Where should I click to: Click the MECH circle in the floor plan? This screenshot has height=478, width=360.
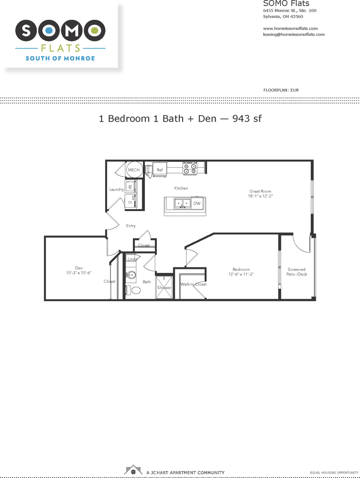point(133,170)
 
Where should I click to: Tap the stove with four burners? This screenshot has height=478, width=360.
point(189,168)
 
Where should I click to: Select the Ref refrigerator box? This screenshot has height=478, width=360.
point(160,170)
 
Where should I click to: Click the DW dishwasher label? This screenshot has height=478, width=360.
point(197,204)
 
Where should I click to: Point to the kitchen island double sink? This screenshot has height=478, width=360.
point(182,204)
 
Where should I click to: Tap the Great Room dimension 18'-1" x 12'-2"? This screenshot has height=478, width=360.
point(261,196)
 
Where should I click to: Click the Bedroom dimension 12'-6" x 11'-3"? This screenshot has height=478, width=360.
point(240,274)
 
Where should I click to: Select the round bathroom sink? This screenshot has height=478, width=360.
point(131,274)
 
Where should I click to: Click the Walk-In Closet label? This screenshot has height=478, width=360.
point(193,284)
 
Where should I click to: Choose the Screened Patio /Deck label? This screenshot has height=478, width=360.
point(297,272)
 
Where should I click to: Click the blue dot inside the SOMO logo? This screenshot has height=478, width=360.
point(49,31)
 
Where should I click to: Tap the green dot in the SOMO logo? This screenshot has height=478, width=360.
point(95,31)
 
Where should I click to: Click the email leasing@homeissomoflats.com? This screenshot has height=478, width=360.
point(293,34)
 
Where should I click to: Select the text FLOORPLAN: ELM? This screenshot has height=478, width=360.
point(280,90)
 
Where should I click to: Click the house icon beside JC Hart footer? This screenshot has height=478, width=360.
point(133,470)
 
